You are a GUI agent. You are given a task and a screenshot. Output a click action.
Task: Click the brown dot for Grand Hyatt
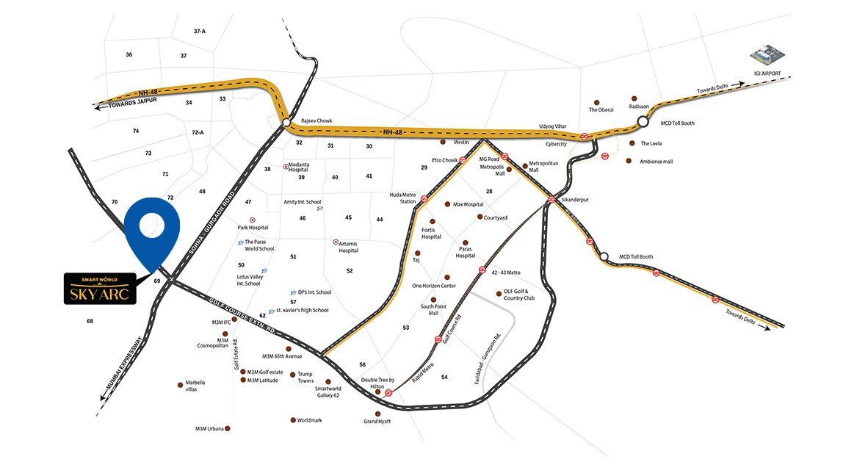pos(377,413)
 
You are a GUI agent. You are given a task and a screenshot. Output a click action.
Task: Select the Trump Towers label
pos(305,378)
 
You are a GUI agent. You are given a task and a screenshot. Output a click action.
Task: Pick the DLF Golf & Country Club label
pos(522,295)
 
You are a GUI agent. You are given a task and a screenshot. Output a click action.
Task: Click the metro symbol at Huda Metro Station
pos(424,199)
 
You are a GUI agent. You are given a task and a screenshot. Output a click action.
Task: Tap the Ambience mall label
pos(656,162)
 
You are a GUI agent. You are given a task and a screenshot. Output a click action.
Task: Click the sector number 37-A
pos(200,32)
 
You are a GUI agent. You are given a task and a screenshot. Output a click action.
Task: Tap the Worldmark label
pos(309,420)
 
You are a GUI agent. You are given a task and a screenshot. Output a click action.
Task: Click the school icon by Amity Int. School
pos(319,209)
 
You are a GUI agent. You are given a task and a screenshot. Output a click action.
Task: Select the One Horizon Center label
pos(433,286)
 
